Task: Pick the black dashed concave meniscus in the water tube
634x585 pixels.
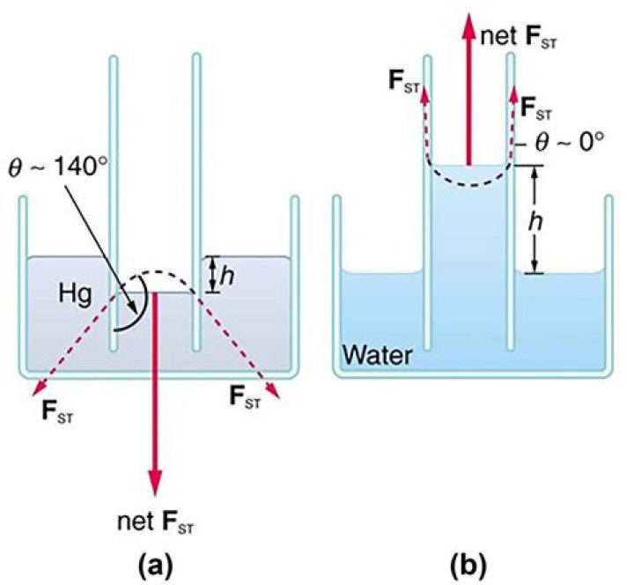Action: [x=468, y=184]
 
